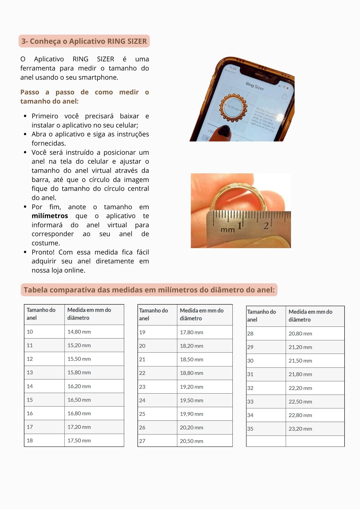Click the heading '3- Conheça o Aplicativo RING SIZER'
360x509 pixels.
click(x=84, y=41)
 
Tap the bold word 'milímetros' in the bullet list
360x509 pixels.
click(x=50, y=216)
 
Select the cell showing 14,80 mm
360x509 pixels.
click(x=79, y=332)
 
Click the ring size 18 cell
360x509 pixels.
click(x=30, y=441)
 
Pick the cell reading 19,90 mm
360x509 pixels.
click(x=191, y=414)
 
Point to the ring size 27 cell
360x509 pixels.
click(x=142, y=441)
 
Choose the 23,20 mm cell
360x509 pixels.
click(x=300, y=429)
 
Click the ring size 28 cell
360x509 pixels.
click(x=250, y=334)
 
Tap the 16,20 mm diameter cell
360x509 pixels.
click(x=79, y=386)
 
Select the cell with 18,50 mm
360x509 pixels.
click(x=191, y=359)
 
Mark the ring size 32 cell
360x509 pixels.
click(x=250, y=388)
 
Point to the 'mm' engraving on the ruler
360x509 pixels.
click(x=228, y=230)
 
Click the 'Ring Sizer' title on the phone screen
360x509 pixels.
click(x=255, y=86)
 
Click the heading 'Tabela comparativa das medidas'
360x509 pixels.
click(x=149, y=290)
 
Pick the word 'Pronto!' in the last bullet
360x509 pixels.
click(x=43, y=252)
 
